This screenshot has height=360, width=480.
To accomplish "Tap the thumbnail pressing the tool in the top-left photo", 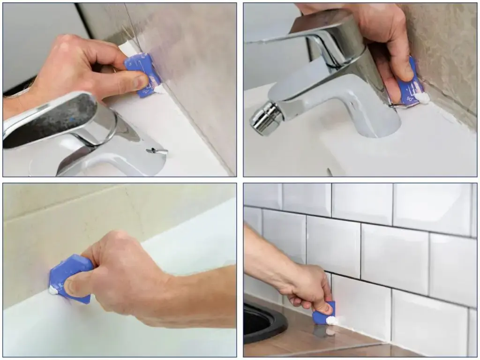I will tap(140, 82).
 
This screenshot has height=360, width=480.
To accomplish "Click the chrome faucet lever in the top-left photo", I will tap(52, 120).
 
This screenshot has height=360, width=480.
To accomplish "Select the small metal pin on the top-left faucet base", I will tap(157, 151).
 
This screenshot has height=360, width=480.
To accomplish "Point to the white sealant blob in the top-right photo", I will tap(423, 97).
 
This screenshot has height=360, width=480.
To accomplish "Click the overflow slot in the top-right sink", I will tap(330, 172).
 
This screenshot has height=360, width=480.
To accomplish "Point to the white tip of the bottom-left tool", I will tap(53, 291).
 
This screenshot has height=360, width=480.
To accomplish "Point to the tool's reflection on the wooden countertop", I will tap(323, 331).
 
